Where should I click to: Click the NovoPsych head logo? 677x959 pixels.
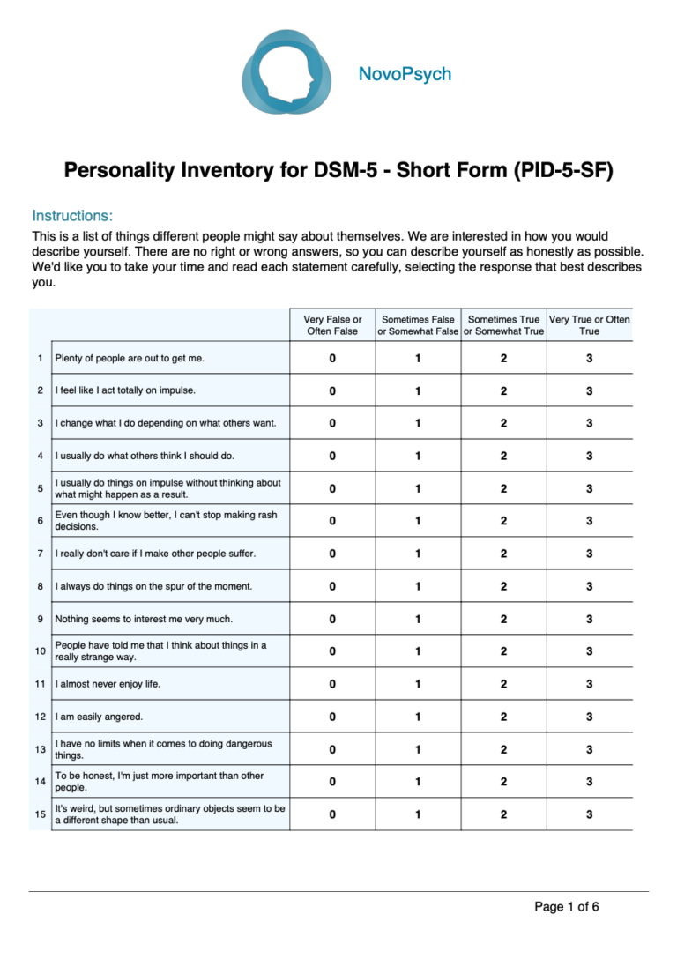click(x=287, y=74)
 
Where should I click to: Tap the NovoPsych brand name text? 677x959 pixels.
click(x=405, y=74)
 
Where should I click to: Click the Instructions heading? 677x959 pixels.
click(x=72, y=216)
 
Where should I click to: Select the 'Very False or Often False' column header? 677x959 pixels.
click(x=332, y=325)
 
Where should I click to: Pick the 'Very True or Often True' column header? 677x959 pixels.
click(x=589, y=325)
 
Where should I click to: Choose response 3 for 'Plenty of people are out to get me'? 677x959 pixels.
click(x=589, y=359)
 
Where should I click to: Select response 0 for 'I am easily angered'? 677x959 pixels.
click(x=332, y=717)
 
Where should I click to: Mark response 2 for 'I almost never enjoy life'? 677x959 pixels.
click(x=503, y=684)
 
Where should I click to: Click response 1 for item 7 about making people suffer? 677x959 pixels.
click(x=418, y=554)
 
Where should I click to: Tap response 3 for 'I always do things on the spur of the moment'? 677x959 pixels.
click(x=589, y=586)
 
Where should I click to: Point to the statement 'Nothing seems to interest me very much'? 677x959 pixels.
click(x=144, y=619)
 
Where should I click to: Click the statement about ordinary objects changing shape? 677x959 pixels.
click(x=169, y=814)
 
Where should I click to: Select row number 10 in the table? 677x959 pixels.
click(x=41, y=651)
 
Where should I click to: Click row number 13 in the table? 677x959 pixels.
click(x=41, y=749)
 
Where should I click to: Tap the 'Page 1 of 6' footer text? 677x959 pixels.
click(x=567, y=906)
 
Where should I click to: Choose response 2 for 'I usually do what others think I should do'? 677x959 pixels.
click(x=503, y=456)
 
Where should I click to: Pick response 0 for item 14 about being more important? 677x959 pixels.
click(x=332, y=782)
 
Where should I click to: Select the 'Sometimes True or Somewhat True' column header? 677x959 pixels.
click(x=503, y=325)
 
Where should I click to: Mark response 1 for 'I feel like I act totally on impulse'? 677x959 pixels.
click(x=418, y=391)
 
